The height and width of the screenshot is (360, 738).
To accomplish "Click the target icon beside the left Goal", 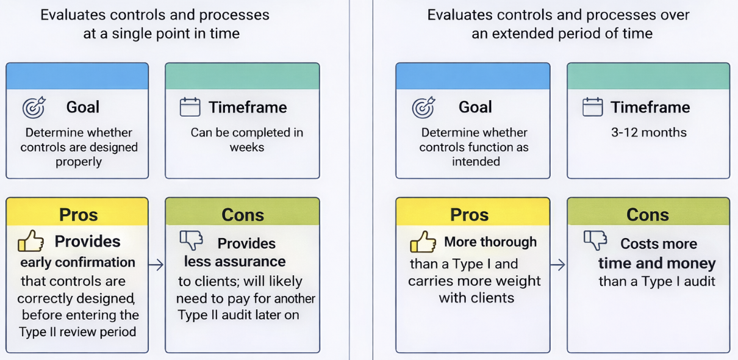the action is point(34,107).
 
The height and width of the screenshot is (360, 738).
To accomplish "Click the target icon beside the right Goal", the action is point(424,107).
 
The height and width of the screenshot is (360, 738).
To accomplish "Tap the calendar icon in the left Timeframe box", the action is point(190,107).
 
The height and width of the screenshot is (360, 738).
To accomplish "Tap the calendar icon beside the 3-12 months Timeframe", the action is point(592,107).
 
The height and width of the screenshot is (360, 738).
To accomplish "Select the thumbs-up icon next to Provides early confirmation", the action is point(30,242).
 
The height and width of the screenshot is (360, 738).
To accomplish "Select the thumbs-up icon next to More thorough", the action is point(423,242).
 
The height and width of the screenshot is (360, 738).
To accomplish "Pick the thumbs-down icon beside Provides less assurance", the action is point(191,241).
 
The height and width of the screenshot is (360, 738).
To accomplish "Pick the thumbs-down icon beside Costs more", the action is point(595,241).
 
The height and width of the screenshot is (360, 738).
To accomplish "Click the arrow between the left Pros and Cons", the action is point(156,265).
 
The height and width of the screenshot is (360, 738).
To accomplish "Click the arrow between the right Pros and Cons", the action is point(558,265).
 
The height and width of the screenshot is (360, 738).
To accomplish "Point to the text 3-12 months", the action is point(648,132).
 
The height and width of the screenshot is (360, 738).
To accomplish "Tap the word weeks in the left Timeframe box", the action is point(246,147).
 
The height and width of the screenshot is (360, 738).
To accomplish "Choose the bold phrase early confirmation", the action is point(77,262).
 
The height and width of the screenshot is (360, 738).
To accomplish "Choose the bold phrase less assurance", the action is point(235,262).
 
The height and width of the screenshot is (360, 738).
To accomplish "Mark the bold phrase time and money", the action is point(656,263).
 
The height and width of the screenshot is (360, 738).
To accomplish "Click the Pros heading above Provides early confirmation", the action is point(78,215).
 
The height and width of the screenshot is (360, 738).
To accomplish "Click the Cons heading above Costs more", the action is point(648,215).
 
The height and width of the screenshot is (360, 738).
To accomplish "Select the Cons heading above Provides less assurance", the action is point(242,215).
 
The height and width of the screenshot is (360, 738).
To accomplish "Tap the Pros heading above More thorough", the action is point(469,215).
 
